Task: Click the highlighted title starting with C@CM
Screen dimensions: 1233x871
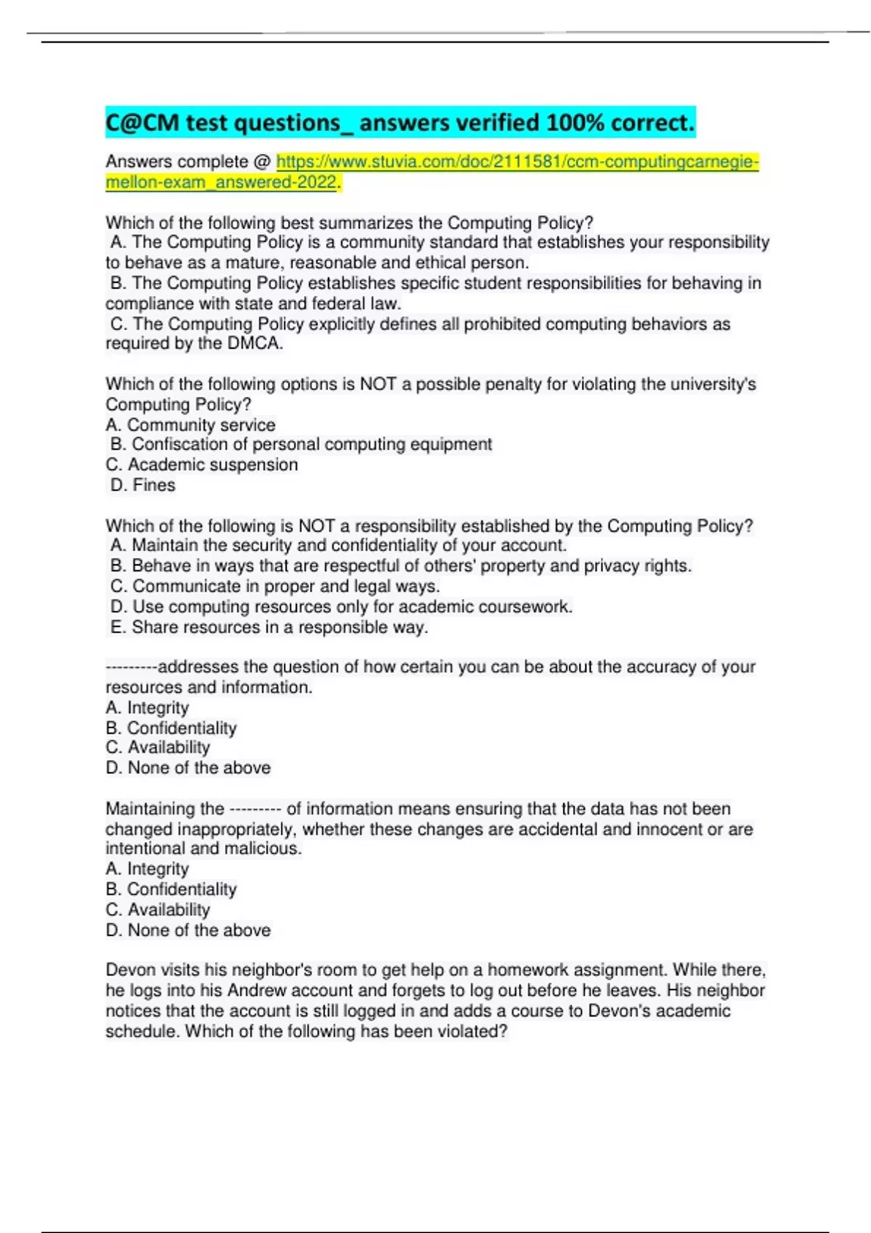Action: (399, 123)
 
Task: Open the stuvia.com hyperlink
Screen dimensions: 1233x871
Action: (517, 162)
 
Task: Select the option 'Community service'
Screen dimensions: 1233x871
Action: (190, 425)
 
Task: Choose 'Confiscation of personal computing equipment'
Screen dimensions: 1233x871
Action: (300, 445)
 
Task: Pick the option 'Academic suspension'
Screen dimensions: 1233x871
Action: (202, 465)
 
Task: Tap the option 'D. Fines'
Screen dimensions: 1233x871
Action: (143, 485)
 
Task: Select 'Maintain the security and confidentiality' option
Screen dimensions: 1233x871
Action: (338, 545)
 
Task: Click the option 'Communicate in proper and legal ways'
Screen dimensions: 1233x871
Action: (275, 586)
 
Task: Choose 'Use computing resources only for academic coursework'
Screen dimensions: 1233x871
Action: (341, 606)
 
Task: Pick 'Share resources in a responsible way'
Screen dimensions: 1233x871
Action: (269, 627)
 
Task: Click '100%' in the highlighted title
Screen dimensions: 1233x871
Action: (575, 123)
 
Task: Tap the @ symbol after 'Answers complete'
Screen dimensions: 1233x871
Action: (262, 162)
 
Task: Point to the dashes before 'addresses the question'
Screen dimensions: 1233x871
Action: (131, 667)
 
